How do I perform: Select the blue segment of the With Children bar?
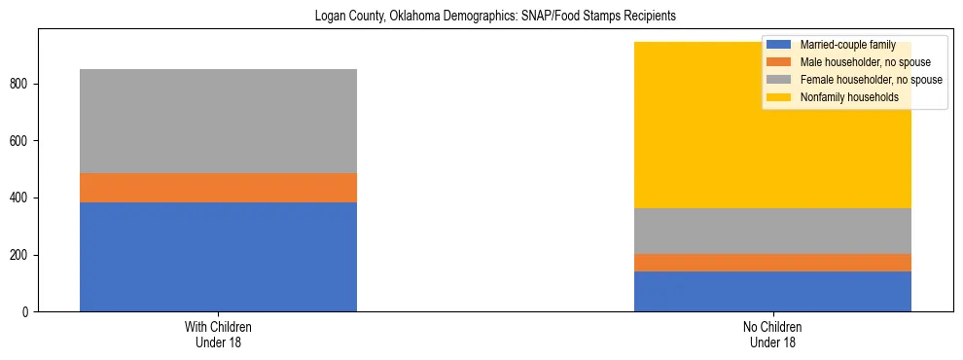pos(218,257)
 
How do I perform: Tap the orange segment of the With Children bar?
pos(218,188)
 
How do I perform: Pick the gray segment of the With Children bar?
pos(218,121)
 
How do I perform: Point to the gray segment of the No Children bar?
pos(772,231)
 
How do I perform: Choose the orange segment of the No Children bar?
pos(772,263)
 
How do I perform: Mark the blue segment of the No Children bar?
pos(772,292)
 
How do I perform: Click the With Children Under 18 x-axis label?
pos(218,334)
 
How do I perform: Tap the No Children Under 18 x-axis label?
pos(772,334)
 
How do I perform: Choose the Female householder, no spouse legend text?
pos(871,80)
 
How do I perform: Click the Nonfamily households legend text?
pos(849,97)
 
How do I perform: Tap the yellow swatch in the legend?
pos(779,97)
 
